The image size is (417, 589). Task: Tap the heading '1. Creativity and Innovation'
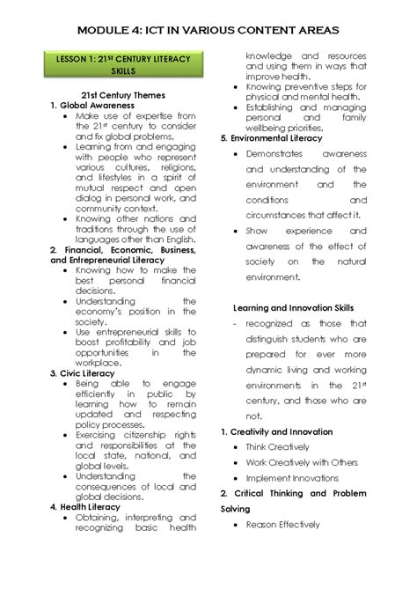pyautogui.click(x=276, y=431)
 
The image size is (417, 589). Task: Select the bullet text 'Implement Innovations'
pyautogui.click(x=293, y=477)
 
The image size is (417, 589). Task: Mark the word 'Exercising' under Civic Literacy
pyautogui.click(x=101, y=434)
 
